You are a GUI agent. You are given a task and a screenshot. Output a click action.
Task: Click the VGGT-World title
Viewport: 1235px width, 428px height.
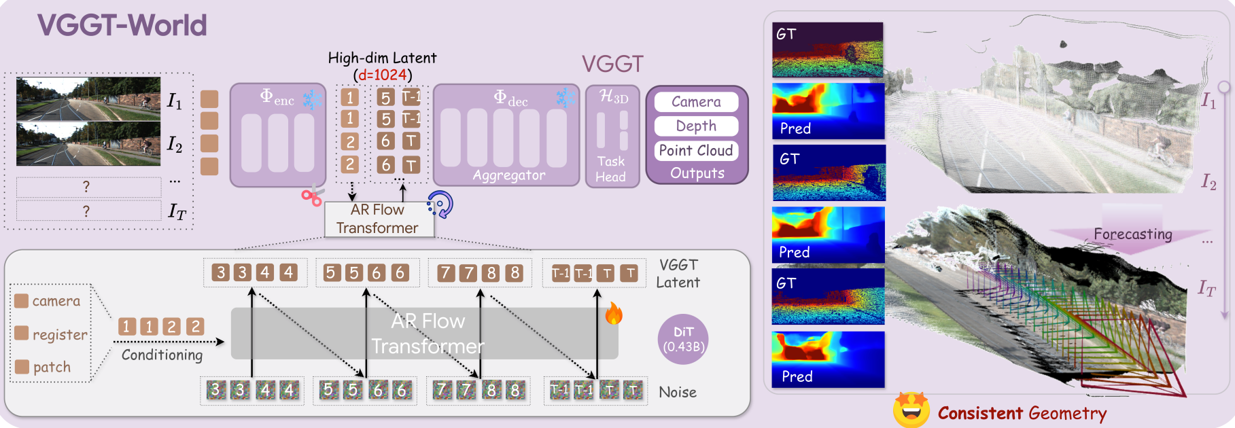click(122, 26)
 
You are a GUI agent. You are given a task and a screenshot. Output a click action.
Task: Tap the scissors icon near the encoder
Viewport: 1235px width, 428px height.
click(312, 197)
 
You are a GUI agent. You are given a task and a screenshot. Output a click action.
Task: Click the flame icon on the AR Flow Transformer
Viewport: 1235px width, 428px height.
click(614, 313)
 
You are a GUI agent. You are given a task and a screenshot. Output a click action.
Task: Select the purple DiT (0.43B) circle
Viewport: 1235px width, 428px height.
click(683, 340)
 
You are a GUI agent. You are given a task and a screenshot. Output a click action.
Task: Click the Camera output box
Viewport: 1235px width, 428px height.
click(696, 102)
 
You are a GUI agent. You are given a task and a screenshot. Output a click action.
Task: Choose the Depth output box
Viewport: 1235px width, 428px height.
click(696, 126)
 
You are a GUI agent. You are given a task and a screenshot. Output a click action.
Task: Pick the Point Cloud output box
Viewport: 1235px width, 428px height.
click(696, 151)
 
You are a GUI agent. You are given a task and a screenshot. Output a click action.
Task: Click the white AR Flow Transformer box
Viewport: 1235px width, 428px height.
click(379, 219)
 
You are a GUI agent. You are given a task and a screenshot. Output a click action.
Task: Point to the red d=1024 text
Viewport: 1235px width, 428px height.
click(382, 75)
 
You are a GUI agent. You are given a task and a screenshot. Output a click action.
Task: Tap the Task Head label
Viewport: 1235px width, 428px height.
click(610, 169)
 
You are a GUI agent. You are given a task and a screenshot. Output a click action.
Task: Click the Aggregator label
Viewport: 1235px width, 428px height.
click(509, 175)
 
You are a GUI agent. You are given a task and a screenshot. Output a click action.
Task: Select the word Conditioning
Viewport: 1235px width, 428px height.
click(162, 355)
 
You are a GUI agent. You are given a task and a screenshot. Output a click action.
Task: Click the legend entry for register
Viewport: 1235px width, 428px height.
click(52, 334)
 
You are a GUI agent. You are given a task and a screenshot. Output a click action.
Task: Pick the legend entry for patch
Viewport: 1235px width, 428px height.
click(43, 367)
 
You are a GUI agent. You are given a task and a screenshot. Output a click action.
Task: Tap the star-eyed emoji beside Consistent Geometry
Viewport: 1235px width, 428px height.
click(911, 410)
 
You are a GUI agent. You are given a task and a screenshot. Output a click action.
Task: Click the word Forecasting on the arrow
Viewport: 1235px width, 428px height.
click(1133, 234)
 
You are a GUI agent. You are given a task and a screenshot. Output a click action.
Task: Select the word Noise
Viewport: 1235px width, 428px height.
click(678, 392)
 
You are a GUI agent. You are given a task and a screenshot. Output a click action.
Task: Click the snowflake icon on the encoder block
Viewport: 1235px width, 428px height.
click(312, 100)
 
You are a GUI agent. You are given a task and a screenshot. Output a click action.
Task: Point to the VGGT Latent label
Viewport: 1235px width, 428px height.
click(678, 274)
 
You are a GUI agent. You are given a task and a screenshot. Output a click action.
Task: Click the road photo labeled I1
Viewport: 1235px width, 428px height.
click(88, 99)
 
